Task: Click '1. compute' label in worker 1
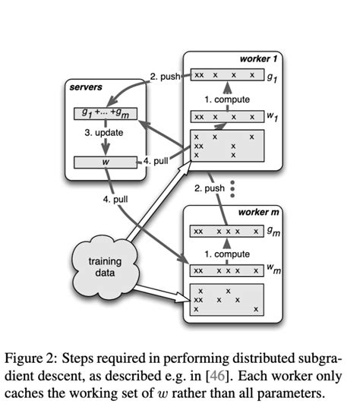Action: coord(226,98)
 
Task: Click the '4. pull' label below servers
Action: coord(117,199)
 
